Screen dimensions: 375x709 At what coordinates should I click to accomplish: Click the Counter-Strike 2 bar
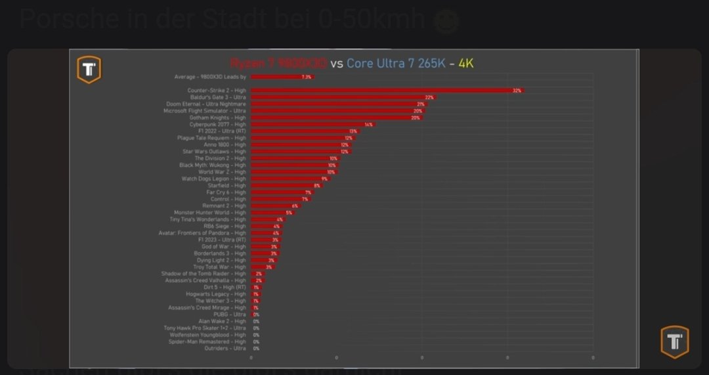tap(387, 90)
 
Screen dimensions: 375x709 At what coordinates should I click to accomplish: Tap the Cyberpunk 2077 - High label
tap(218, 124)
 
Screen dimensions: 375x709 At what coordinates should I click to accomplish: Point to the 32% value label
tap(517, 91)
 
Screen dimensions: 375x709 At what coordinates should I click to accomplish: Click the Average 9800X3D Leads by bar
tap(282, 77)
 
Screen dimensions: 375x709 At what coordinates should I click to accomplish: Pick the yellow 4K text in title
tap(466, 64)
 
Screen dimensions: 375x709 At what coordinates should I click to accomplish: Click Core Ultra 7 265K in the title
tap(396, 64)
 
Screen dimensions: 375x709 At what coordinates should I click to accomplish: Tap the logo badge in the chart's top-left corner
tap(89, 70)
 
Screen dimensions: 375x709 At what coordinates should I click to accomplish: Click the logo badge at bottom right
tap(674, 342)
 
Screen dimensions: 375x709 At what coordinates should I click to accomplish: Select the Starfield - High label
tap(226, 185)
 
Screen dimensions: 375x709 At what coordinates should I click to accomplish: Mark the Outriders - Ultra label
tap(226, 348)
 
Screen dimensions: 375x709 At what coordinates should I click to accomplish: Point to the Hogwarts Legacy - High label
tap(216, 294)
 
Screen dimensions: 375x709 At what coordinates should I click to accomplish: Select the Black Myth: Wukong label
tap(213, 165)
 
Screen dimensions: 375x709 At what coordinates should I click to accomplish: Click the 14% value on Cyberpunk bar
tap(368, 125)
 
